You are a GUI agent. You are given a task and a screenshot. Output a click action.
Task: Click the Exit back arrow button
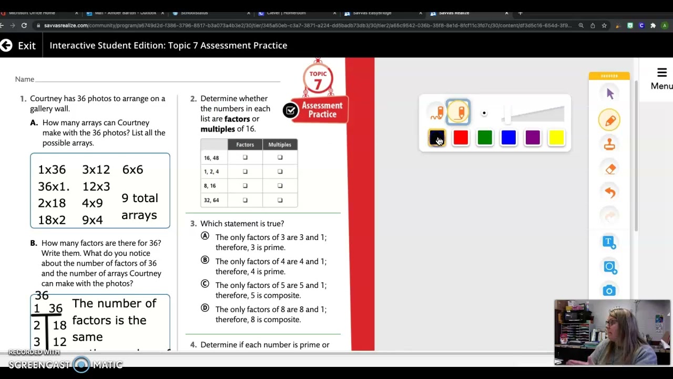pyautogui.click(x=6, y=45)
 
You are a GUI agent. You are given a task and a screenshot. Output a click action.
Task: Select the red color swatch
pyautogui.click(x=461, y=138)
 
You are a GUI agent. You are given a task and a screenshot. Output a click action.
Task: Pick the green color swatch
pyautogui.click(x=485, y=138)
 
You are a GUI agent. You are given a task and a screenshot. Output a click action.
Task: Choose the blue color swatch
pyautogui.click(x=508, y=138)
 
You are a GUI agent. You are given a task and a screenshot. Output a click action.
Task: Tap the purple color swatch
pyautogui.click(x=533, y=138)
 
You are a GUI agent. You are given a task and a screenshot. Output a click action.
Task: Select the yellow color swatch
pyautogui.click(x=556, y=138)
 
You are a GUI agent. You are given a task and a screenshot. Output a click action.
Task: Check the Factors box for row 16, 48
pyautogui.click(x=245, y=157)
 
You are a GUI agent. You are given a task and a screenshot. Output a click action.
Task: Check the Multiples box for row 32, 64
pyautogui.click(x=280, y=200)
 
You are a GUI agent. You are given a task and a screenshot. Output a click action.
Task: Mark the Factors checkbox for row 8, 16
pyautogui.click(x=245, y=186)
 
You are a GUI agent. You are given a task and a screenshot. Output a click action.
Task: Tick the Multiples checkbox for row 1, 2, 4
pyautogui.click(x=280, y=172)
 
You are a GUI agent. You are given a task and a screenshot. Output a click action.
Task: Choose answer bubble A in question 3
pyautogui.click(x=205, y=236)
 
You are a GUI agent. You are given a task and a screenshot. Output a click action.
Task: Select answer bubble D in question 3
pyautogui.click(x=205, y=308)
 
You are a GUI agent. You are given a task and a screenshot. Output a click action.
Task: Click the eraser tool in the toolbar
pyautogui.click(x=610, y=169)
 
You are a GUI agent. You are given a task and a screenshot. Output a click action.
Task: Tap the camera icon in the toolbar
pyautogui.click(x=609, y=291)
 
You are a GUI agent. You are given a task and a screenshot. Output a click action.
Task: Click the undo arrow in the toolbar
pyautogui.click(x=610, y=193)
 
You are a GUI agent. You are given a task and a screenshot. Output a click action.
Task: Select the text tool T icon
pyautogui.click(x=609, y=242)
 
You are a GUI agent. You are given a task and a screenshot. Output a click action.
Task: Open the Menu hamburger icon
pyautogui.click(x=661, y=73)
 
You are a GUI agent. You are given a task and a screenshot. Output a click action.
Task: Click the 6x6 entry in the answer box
pyautogui.click(x=132, y=169)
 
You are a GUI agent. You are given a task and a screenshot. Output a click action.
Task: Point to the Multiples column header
pyautogui.click(x=280, y=144)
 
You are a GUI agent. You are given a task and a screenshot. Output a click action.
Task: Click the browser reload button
pyautogui.click(x=24, y=25)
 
